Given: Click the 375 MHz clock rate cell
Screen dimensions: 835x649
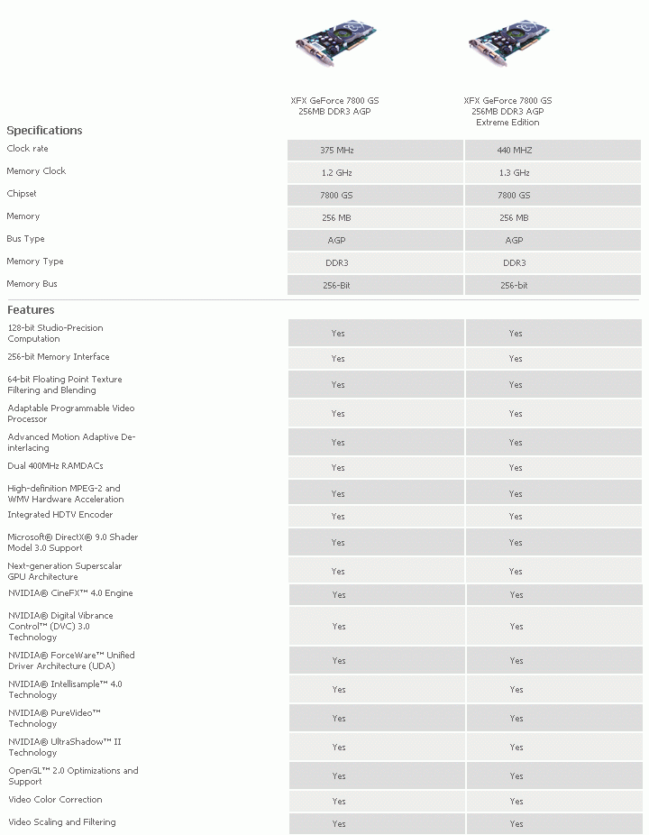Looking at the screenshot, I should (x=337, y=150).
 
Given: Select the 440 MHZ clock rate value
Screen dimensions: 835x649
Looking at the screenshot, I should (x=514, y=150).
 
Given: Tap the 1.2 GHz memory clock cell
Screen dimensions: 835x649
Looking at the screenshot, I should (x=337, y=172).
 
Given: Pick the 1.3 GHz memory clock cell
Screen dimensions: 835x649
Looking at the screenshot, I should (x=514, y=172).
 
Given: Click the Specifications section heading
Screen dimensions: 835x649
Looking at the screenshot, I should (x=44, y=131).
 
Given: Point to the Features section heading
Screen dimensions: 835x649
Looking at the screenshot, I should (x=31, y=310).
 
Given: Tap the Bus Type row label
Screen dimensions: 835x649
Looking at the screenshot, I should (x=25, y=239).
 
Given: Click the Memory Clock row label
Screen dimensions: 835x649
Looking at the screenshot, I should (x=36, y=171).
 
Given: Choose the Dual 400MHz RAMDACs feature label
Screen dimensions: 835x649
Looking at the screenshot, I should (x=55, y=466).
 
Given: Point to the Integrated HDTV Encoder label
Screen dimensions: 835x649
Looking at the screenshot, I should (x=60, y=515).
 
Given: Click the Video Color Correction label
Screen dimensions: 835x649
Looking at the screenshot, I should (x=55, y=800).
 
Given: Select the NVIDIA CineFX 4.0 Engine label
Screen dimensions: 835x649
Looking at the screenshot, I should (x=70, y=593).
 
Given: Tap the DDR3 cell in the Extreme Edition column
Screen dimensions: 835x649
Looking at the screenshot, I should (x=514, y=263).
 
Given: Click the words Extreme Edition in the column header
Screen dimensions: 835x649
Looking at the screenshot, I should (x=507, y=123).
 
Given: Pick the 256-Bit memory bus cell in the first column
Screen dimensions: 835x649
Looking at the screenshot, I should (x=336, y=286).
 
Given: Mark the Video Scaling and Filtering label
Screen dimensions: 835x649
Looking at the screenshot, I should (x=61, y=822).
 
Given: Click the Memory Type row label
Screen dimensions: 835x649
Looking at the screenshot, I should (x=35, y=262).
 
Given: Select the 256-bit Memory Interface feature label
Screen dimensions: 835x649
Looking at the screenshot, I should (x=59, y=357).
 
